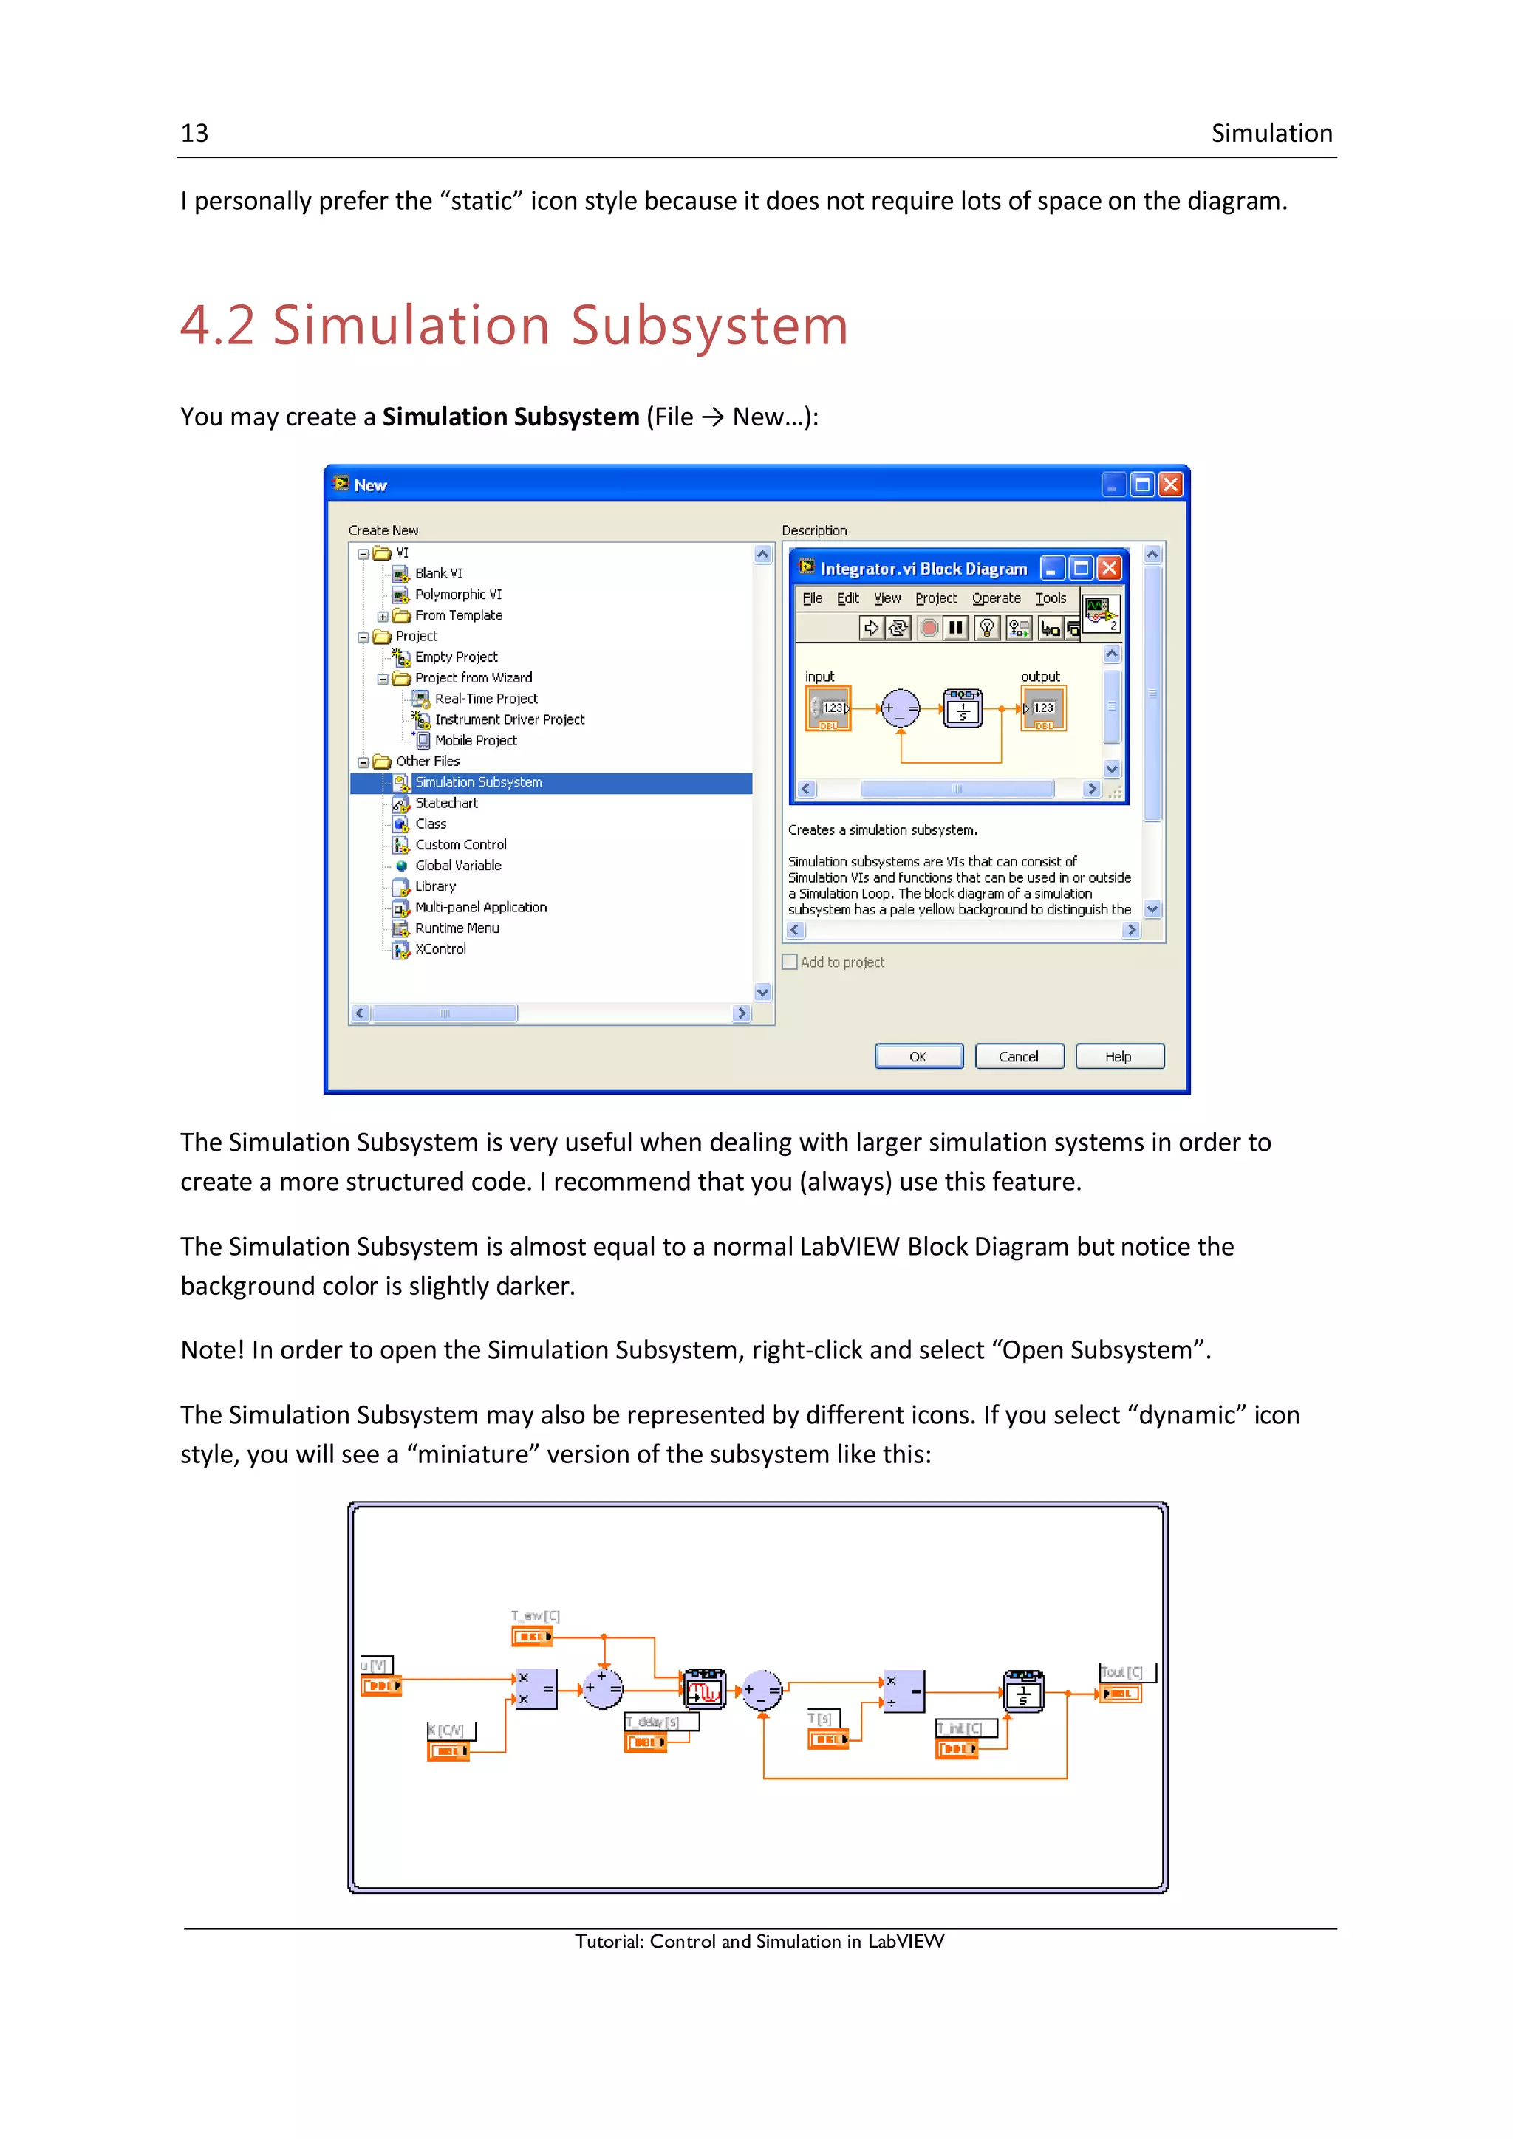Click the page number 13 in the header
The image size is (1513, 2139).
coord(195,133)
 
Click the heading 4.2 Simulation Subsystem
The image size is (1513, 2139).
coord(513,325)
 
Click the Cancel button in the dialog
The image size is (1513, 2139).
coord(1018,1056)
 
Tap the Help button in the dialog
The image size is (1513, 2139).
coord(1118,1056)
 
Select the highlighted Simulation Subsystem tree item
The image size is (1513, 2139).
coord(478,783)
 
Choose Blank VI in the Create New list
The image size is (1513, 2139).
coord(438,574)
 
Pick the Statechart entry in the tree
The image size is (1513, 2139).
coord(446,803)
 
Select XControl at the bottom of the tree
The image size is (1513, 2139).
coord(440,949)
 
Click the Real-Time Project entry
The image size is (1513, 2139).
coord(485,699)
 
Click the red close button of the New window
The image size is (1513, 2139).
coord(1170,485)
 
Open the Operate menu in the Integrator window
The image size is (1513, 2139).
coord(996,598)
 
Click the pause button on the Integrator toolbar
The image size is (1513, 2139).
coord(955,628)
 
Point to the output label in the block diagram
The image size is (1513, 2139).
coord(1039,677)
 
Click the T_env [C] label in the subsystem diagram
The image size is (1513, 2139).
coord(535,1616)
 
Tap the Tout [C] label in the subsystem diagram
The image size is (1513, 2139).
coord(1121,1672)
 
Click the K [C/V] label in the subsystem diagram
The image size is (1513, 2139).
coord(446,1730)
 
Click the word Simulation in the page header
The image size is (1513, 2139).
coord(1271,133)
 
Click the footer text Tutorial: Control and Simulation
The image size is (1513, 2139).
coord(759,1942)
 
